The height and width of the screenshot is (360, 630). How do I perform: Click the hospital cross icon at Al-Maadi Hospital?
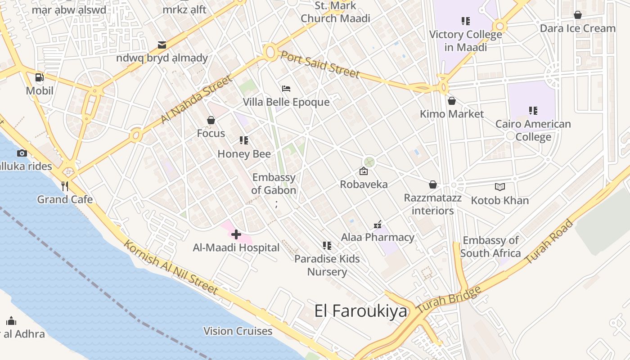[236, 234]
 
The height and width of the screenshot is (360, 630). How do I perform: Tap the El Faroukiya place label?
[360, 311]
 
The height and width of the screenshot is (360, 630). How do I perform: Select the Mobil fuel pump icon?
[40, 77]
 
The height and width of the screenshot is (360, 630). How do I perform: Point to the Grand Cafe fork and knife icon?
[65, 186]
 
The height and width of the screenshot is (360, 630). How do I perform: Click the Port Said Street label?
[320, 64]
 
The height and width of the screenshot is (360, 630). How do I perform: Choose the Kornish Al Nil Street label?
[171, 267]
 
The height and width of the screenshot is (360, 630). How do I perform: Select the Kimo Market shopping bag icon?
[451, 101]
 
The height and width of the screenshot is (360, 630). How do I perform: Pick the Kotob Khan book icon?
[499, 187]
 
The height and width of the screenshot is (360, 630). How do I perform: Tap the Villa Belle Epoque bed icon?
[286, 89]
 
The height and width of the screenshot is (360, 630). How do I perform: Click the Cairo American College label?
[533, 130]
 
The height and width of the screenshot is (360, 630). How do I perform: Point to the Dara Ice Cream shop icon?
[578, 15]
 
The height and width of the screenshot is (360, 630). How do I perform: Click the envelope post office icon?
[162, 45]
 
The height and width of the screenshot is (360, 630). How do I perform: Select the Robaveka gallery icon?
[364, 171]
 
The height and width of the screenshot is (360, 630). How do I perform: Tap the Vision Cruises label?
[238, 331]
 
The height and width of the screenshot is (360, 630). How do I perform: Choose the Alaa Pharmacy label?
[378, 237]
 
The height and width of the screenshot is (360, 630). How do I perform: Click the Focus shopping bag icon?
[211, 120]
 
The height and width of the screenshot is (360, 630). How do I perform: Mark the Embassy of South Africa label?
[490, 247]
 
